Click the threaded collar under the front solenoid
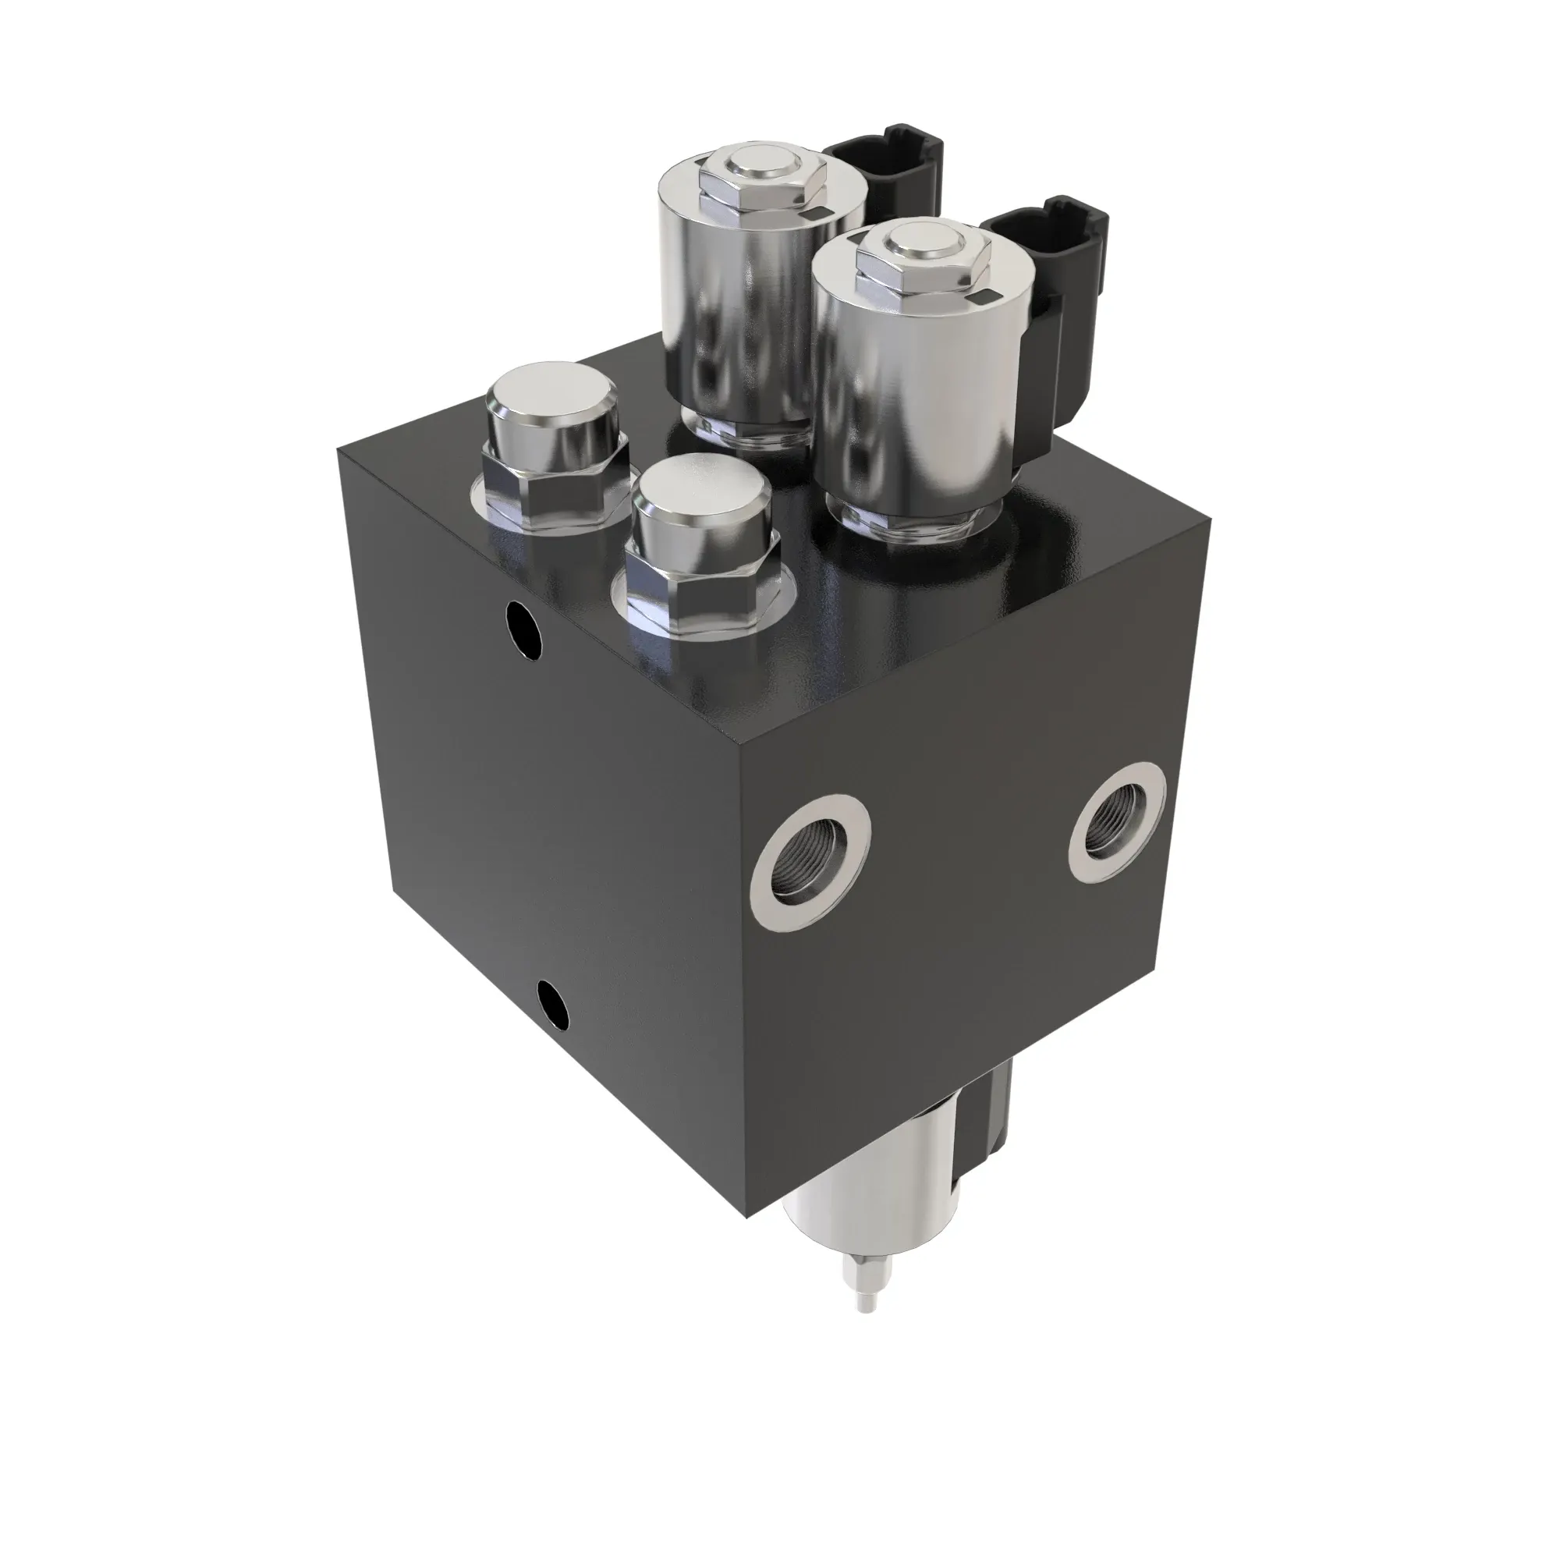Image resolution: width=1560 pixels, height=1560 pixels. click(x=913, y=521)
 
